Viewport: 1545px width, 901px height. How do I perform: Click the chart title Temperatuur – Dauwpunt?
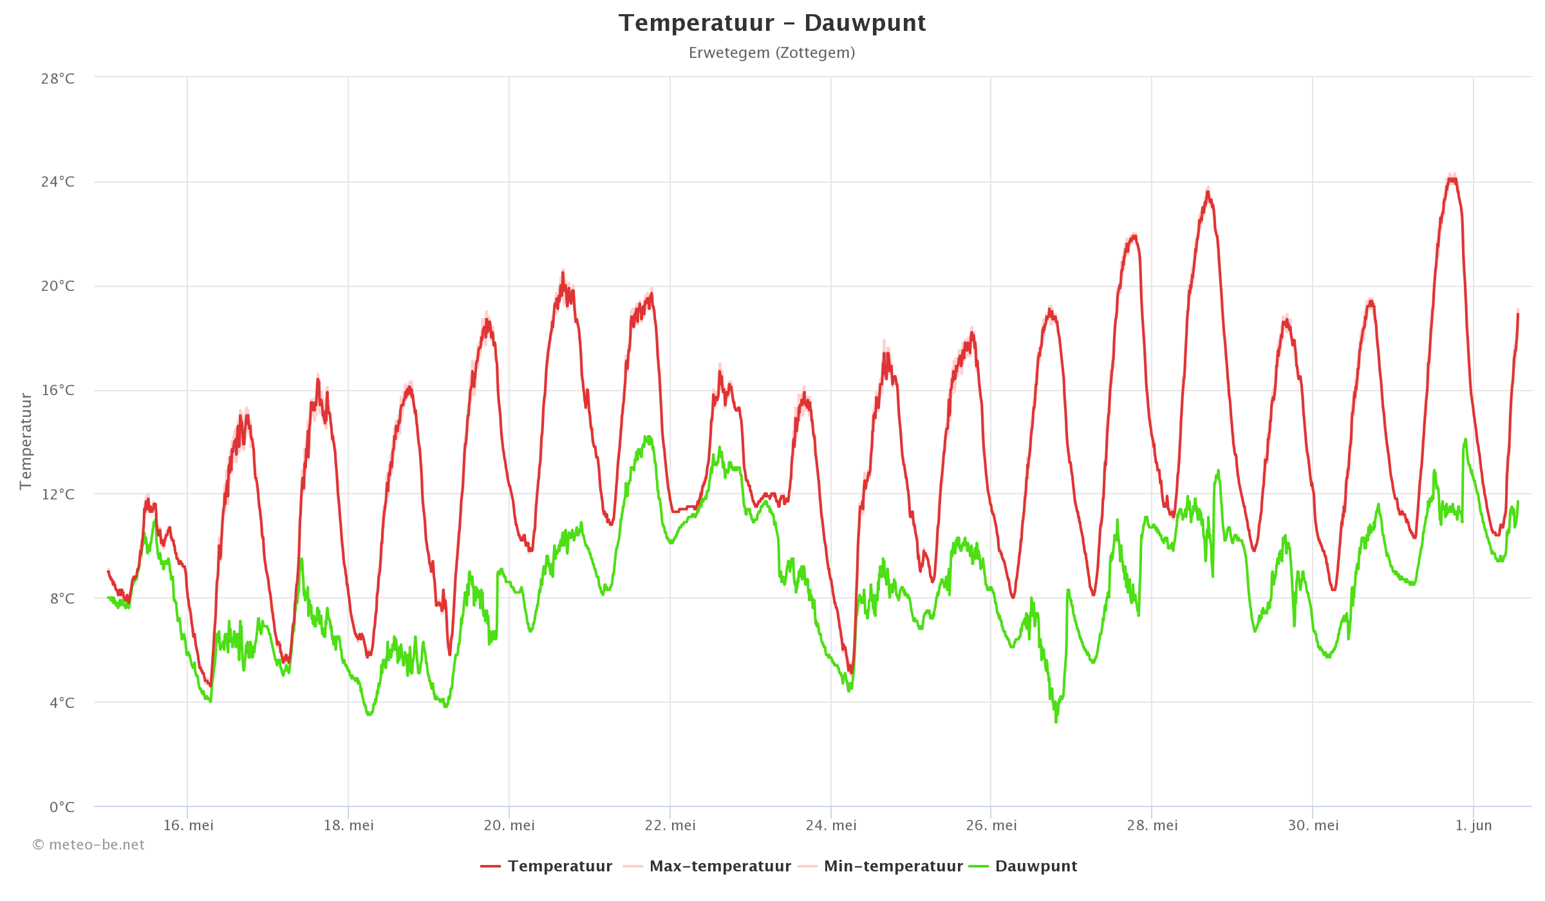coord(772,23)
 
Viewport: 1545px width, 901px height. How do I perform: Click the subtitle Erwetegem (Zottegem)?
coord(772,53)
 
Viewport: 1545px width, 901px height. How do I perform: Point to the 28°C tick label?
coord(58,79)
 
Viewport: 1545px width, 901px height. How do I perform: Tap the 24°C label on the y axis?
coord(58,182)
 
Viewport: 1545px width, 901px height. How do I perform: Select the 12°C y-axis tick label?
coord(58,494)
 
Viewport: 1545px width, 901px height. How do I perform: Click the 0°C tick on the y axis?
coord(62,807)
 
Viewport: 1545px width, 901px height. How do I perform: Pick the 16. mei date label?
coord(188,826)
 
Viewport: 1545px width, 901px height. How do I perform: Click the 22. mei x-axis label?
coord(670,826)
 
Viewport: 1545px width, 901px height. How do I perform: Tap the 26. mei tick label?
coord(991,826)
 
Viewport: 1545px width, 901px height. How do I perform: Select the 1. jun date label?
coord(1474,826)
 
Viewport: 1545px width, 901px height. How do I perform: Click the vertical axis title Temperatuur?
coord(26,441)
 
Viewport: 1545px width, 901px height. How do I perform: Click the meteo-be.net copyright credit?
coord(89,845)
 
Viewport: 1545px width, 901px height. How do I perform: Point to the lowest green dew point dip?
coord(1056,721)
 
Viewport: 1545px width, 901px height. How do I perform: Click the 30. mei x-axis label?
coord(1313,826)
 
